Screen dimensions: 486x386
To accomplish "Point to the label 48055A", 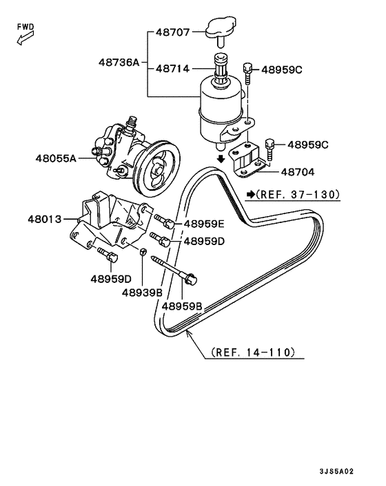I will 56,158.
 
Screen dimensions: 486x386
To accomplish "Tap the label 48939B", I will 142,292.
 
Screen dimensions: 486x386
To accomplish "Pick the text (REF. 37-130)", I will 298,195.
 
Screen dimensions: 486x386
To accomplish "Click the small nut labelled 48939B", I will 143,253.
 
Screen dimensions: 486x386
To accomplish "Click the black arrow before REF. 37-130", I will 251,195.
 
